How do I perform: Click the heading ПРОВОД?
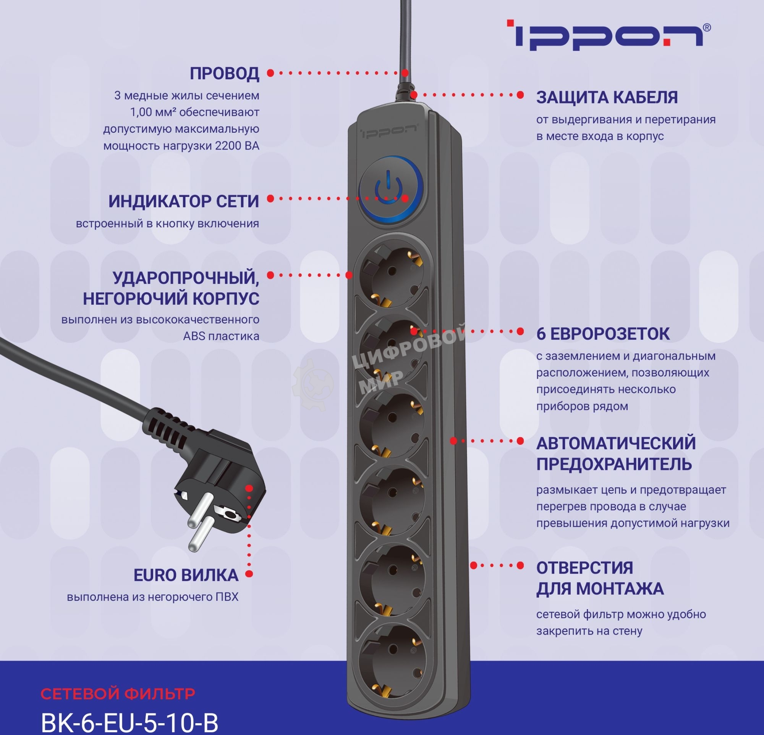coord(224,74)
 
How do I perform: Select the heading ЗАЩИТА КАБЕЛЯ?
coord(607,97)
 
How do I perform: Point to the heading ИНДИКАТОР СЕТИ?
coord(184,201)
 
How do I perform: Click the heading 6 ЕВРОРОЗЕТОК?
coord(603,334)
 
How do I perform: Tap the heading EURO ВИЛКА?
coord(186,575)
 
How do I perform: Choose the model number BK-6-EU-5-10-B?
coord(129,722)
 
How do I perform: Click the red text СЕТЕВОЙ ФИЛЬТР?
coord(118,693)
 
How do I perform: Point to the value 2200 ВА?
coord(237,146)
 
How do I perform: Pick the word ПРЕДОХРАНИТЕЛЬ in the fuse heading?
coord(614,464)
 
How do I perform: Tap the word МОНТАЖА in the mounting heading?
coord(619,588)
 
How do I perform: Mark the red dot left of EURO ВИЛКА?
coord(249,573)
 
